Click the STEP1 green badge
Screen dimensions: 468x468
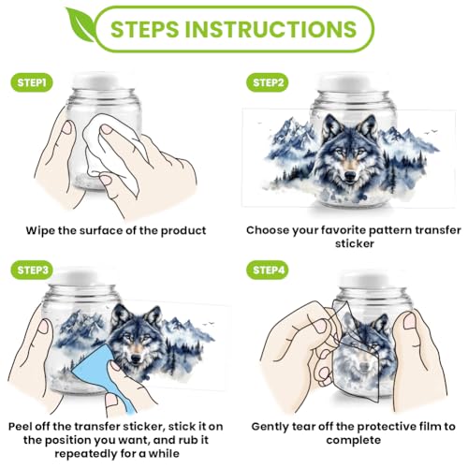click(32, 82)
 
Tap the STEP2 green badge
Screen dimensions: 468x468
click(268, 82)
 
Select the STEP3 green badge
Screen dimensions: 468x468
click(32, 270)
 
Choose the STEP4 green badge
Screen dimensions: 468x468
click(268, 270)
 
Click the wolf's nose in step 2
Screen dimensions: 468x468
click(350, 175)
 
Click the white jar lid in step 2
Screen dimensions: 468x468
click(353, 82)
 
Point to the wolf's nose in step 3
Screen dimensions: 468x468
click(136, 358)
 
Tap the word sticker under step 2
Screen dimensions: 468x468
click(355, 243)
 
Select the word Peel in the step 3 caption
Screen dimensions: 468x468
click(20, 426)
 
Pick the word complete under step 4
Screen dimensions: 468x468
click(354, 441)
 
